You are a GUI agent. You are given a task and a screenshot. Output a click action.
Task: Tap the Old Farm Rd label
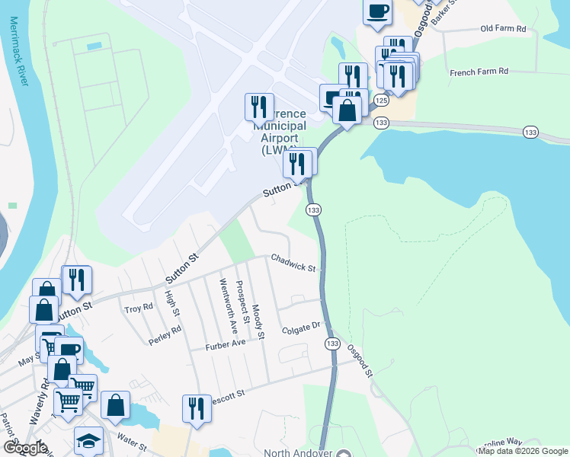click(x=503, y=29)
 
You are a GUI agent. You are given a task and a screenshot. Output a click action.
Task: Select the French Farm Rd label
click(x=479, y=72)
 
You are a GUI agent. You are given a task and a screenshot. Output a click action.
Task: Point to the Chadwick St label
click(x=293, y=263)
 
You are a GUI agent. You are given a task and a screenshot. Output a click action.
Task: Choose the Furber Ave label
click(x=226, y=345)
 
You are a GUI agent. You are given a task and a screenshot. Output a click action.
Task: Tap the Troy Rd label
click(x=139, y=308)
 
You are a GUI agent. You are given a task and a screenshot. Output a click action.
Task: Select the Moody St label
click(x=258, y=321)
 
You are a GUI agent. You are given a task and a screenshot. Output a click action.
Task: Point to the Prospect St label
click(x=242, y=302)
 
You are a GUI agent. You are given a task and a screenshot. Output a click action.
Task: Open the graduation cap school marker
click(x=88, y=441)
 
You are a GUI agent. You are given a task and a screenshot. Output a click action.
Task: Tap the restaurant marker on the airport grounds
click(x=259, y=107)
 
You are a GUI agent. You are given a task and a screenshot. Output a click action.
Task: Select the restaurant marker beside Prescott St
click(x=197, y=408)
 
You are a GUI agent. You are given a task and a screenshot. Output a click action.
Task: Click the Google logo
click(x=24, y=448)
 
